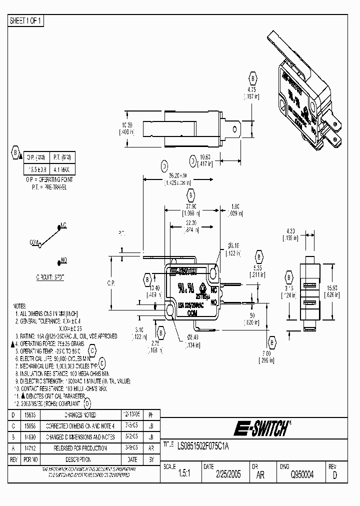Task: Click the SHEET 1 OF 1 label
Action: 26,21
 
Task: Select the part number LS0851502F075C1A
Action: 205,444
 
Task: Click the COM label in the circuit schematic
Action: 34,242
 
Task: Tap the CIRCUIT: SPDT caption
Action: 50,276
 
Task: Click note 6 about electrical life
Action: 54,358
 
